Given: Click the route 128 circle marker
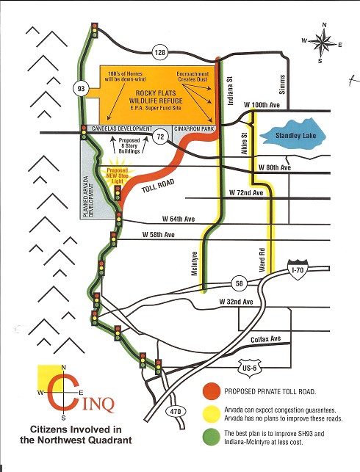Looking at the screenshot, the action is [x=160, y=52].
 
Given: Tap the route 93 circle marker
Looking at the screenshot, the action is [x=81, y=89].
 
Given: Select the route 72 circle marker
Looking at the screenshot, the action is [x=160, y=137].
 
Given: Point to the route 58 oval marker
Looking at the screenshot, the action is [x=240, y=283].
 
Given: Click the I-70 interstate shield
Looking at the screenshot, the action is [x=297, y=269].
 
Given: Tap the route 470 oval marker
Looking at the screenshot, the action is [x=176, y=412].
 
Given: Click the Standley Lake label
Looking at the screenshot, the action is [x=296, y=136].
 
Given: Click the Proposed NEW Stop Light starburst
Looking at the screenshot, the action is [x=118, y=175].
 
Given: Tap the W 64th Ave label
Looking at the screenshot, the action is [x=179, y=219].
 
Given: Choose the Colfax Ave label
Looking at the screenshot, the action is [x=266, y=339].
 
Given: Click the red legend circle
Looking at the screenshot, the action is [x=211, y=392].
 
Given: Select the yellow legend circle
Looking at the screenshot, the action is [x=211, y=414].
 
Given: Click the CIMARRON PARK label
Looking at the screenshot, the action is [x=194, y=129].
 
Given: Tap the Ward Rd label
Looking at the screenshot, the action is [x=262, y=260].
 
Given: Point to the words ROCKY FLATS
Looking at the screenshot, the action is [x=156, y=93].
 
